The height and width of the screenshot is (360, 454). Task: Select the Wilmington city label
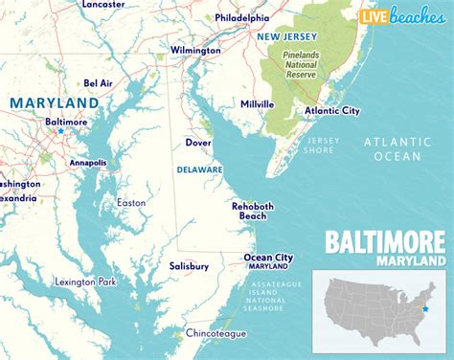click(196, 49)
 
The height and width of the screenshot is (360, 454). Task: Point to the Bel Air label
click(99, 83)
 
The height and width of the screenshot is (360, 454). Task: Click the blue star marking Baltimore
click(59, 131)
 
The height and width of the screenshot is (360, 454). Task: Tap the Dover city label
click(198, 143)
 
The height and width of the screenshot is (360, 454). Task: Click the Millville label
click(258, 103)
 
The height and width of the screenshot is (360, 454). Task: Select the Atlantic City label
click(331, 111)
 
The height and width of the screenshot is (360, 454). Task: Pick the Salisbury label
click(189, 265)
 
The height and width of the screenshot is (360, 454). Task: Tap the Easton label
click(131, 202)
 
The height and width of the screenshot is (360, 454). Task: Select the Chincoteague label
click(215, 333)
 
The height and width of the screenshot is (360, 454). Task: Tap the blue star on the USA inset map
click(426, 309)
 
